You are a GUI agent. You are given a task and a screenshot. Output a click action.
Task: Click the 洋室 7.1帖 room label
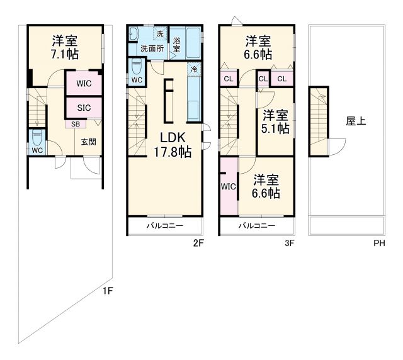point(64,48)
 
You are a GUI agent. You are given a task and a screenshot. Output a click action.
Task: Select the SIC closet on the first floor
point(84,108)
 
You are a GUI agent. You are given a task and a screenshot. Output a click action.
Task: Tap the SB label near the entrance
point(75,124)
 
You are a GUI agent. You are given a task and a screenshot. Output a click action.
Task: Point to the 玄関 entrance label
point(89,142)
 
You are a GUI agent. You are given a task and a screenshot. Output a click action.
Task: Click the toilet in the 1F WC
point(37,137)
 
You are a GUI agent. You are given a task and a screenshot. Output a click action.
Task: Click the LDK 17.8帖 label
point(167,145)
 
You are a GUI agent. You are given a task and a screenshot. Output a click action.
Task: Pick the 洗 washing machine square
point(160,33)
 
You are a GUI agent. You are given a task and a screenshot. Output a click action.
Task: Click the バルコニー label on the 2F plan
point(165,225)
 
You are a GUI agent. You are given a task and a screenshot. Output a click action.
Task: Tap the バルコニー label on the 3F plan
point(256,225)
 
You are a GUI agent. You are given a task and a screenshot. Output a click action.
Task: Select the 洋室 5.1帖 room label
point(275,121)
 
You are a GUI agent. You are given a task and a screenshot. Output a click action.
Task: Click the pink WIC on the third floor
point(228,186)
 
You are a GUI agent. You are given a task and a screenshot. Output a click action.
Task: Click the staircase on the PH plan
point(319,120)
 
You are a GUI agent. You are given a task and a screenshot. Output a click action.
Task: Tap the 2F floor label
point(198,242)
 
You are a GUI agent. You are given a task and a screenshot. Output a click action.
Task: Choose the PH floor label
point(380,242)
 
